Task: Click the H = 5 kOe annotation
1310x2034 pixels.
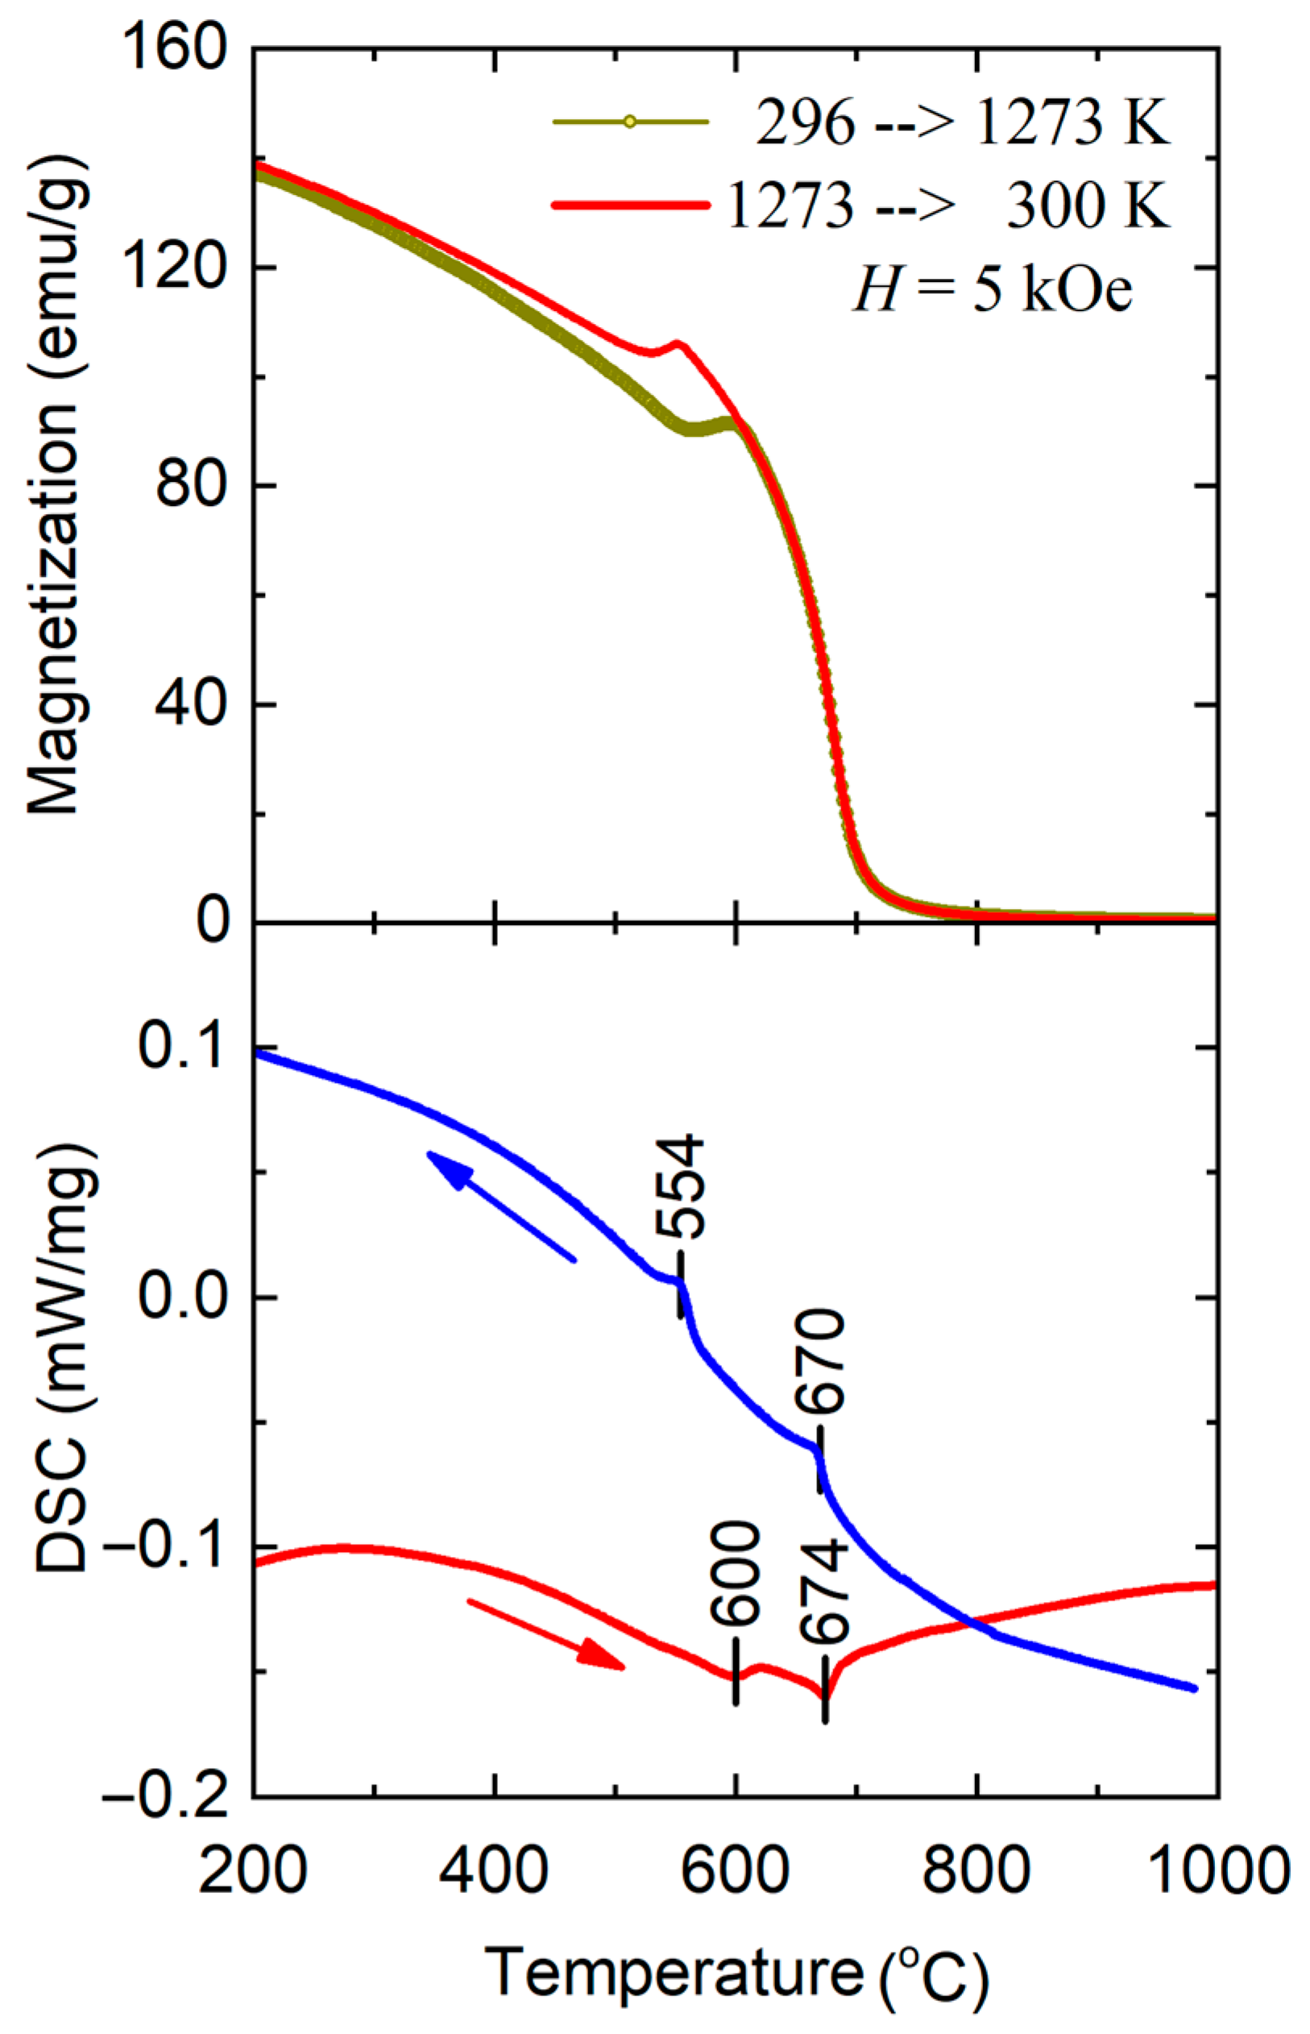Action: (x=991, y=291)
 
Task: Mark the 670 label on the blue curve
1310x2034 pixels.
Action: (x=820, y=1361)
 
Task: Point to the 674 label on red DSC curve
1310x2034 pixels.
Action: (x=823, y=1591)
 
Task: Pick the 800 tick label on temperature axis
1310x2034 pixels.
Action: (x=976, y=1871)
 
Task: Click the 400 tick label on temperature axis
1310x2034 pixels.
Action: (x=495, y=1871)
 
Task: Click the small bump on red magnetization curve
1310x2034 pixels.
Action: (x=677, y=345)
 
